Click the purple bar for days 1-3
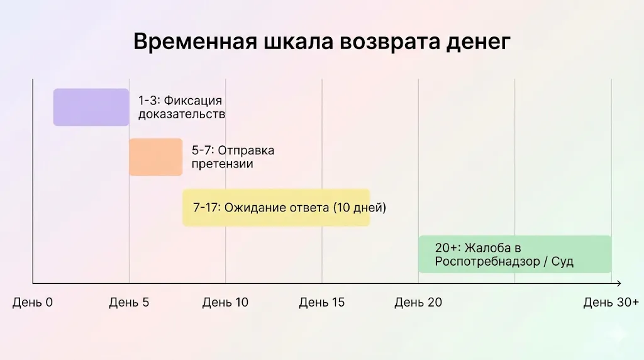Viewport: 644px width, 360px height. (x=91, y=107)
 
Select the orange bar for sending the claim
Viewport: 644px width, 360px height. (x=155, y=157)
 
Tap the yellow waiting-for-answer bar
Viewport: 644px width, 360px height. (x=275, y=208)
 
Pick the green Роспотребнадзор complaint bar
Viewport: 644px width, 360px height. (x=514, y=254)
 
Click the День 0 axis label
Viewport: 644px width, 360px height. (x=33, y=303)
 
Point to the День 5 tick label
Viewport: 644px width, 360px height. (x=129, y=303)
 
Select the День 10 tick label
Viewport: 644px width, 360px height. (x=225, y=303)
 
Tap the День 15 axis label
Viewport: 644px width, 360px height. (x=321, y=303)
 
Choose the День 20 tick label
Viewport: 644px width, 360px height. (x=418, y=303)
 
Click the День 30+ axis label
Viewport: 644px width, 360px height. (x=611, y=303)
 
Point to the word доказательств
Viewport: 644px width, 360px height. (x=182, y=115)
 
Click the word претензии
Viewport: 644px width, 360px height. (x=223, y=164)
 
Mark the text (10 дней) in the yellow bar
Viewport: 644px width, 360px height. (x=359, y=208)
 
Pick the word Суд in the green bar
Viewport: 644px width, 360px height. (x=562, y=262)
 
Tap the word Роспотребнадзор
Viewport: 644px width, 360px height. (x=478, y=262)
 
